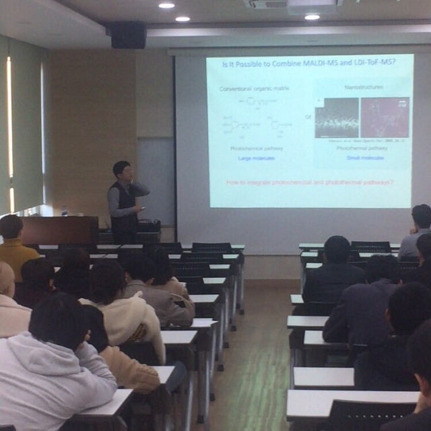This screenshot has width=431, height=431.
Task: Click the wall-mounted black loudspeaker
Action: pos(128,36)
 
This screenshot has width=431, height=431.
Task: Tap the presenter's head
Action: pos(122,171)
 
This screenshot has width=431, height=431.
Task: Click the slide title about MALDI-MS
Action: pos(309,63)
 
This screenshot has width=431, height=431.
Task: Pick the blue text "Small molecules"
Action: pos(366,158)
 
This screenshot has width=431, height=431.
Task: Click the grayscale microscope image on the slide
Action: pos(337,117)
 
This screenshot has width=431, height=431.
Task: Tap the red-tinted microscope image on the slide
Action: pos(385,117)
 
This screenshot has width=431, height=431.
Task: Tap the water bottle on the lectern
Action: pos(65,211)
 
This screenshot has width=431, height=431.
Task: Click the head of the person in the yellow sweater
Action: pos(10,227)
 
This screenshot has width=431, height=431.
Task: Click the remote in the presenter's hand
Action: pos(142,208)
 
